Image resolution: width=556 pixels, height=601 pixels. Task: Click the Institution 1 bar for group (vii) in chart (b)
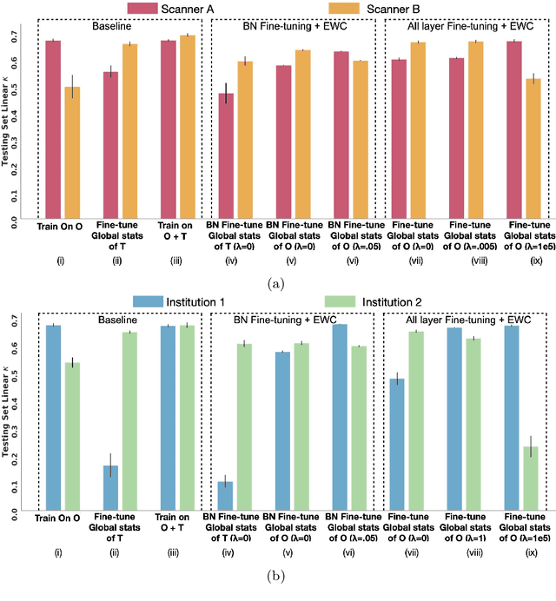pyautogui.click(x=396, y=444)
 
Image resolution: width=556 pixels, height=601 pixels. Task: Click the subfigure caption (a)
pyautogui.click(x=277, y=281)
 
